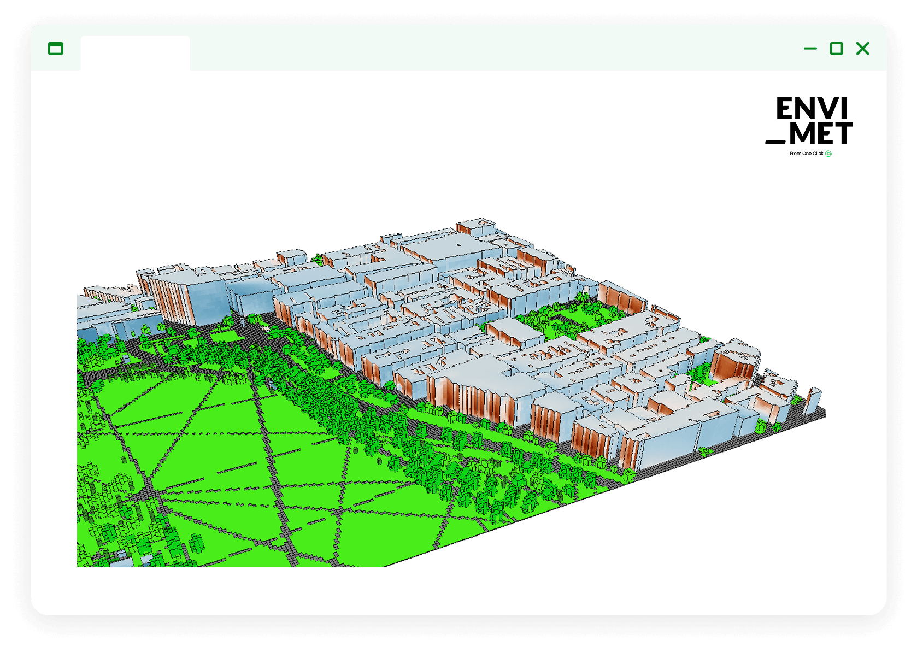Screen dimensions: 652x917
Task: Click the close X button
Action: click(862, 49)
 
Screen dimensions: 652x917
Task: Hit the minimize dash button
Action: click(810, 49)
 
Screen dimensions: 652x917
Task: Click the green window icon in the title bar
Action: click(56, 49)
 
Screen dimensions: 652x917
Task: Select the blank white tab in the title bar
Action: click(135, 53)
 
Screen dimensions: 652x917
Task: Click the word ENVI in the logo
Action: click(812, 109)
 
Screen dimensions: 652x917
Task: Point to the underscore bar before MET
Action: click(775, 142)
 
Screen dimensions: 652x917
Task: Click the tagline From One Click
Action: click(806, 154)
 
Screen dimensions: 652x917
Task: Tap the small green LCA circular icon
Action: click(828, 154)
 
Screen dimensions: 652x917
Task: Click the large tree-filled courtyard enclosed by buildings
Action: click(568, 317)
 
